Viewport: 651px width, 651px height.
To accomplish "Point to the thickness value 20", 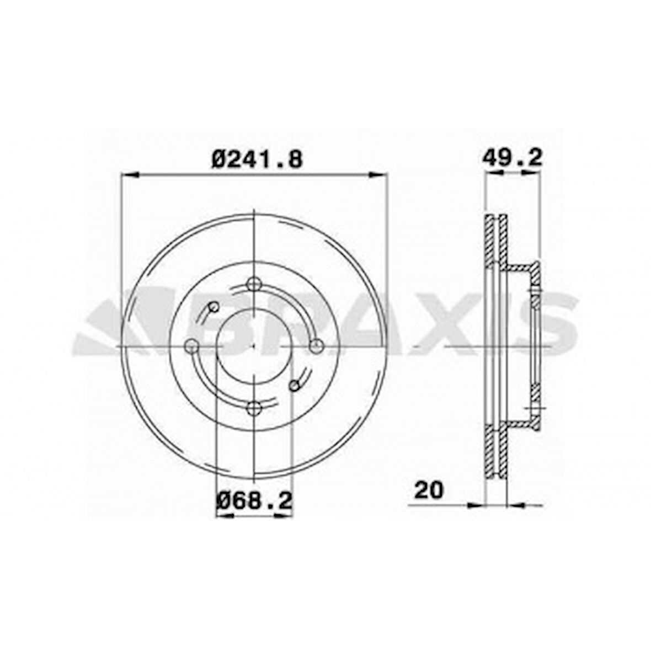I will pos(429,489).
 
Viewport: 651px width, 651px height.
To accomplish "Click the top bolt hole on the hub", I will pos(253,284).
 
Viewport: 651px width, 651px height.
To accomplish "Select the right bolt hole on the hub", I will pos(315,346).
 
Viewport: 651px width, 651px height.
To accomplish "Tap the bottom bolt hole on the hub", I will pos(253,408).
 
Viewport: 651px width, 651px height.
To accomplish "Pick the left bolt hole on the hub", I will pos(191,346).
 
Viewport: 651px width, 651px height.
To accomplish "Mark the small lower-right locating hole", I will pos(294,385).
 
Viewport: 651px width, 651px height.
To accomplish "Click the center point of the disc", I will pos(253,346).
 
